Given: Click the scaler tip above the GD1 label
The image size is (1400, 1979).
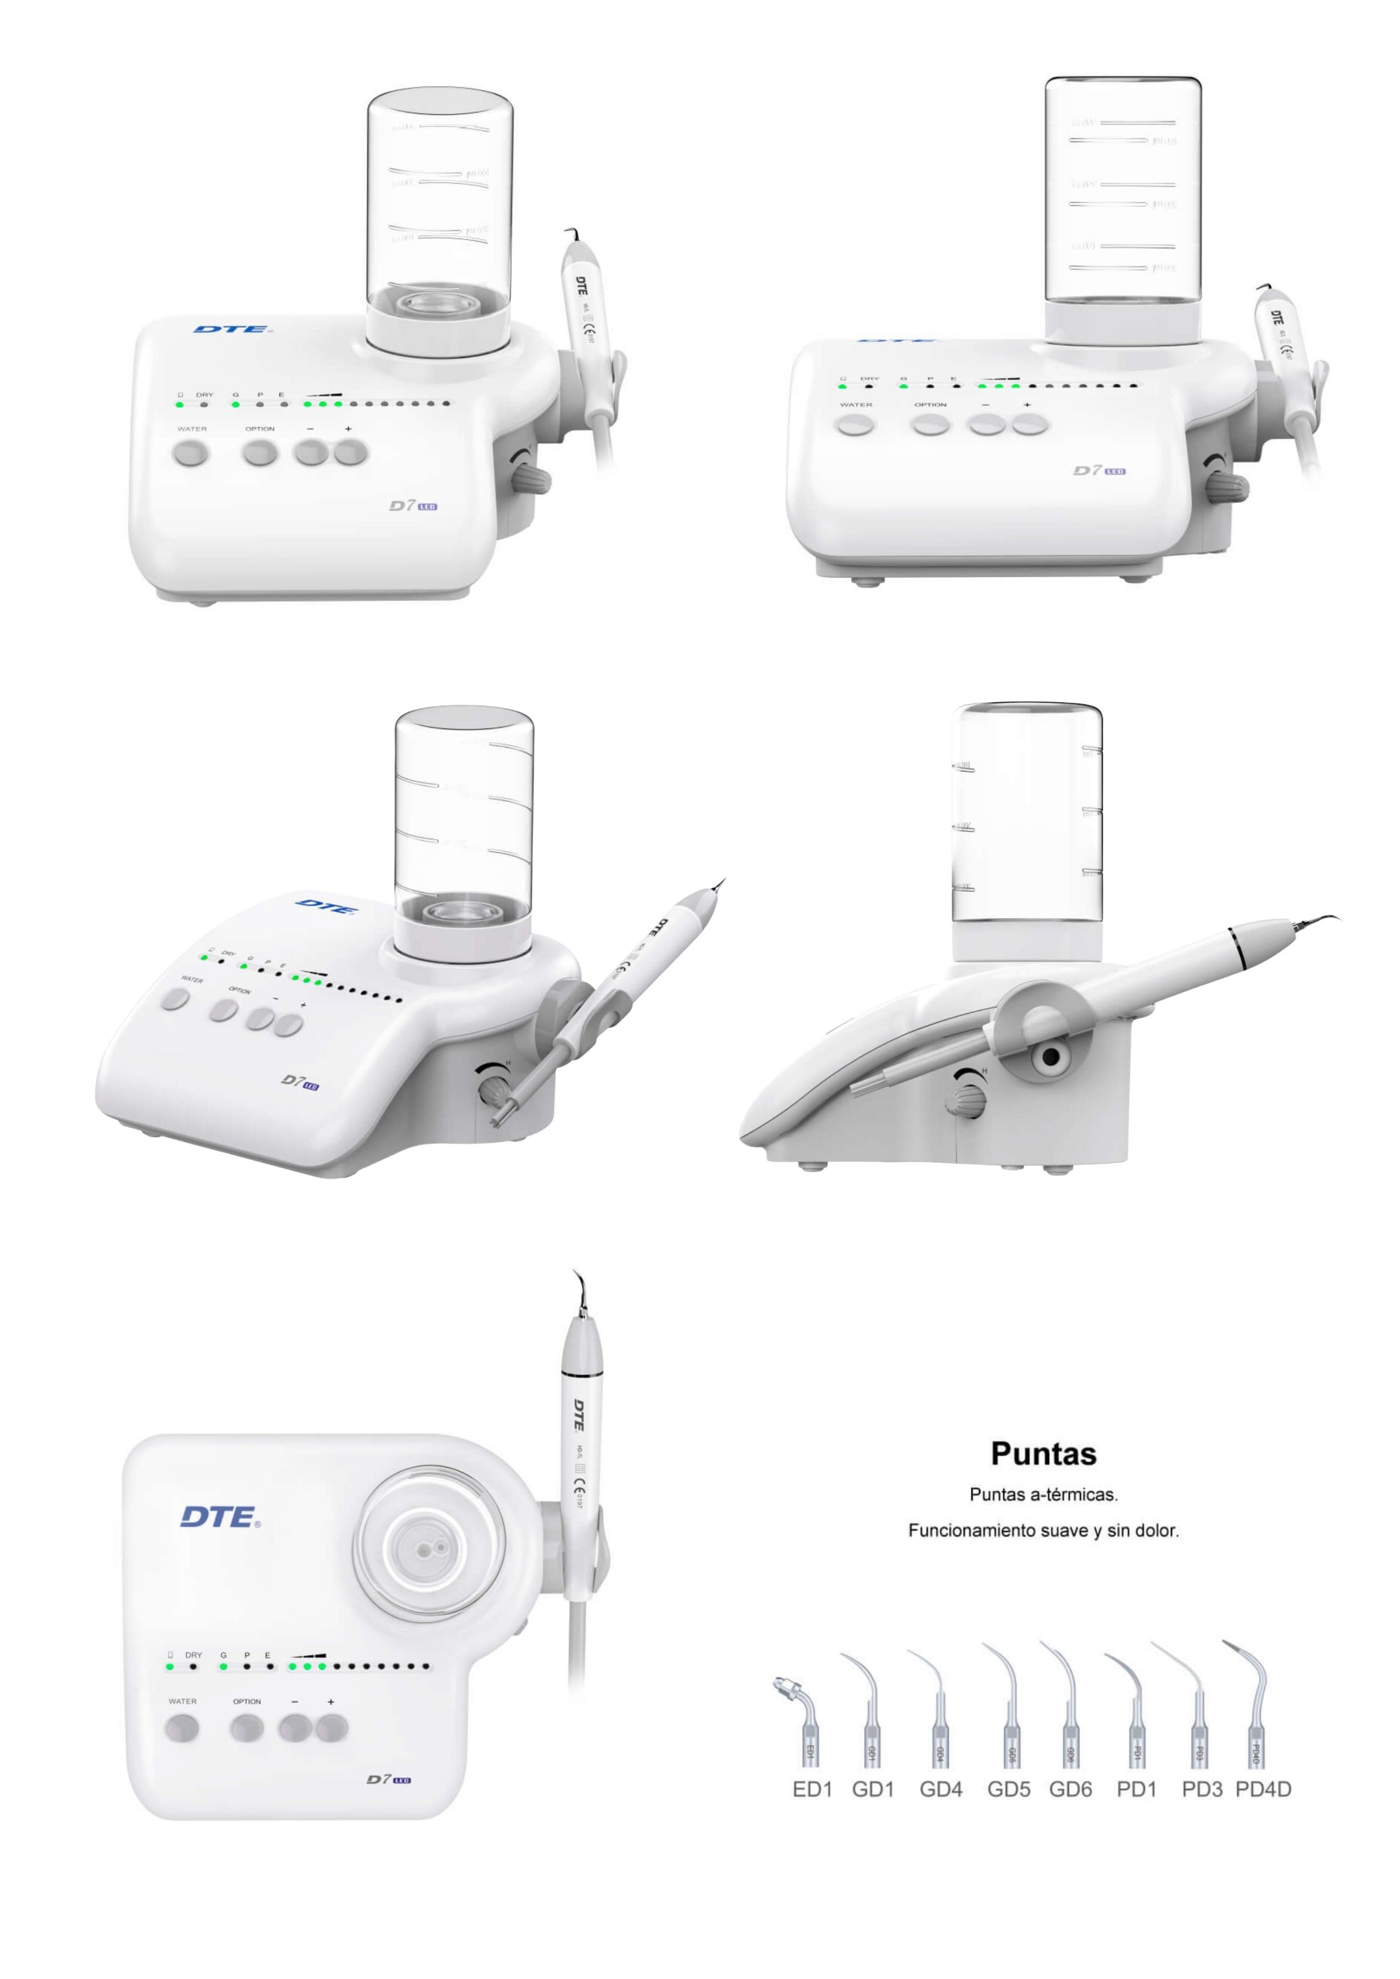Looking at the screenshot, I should pyautogui.click(x=867, y=1711).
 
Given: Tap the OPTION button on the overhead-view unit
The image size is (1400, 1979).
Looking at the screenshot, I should pyautogui.click(x=247, y=1727).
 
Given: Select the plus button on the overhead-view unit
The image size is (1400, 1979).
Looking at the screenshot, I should pyautogui.click(x=332, y=1727).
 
